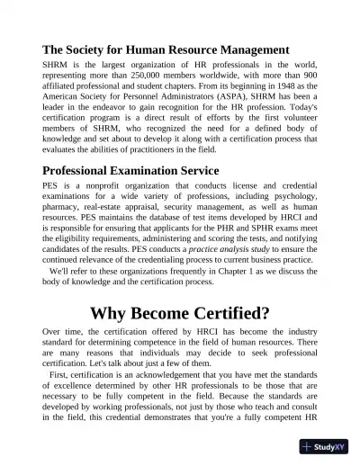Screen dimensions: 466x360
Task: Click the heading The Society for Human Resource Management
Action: tap(166, 49)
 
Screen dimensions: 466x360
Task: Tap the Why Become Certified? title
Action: tap(180, 313)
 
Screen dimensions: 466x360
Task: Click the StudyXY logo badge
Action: tap(324, 446)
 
